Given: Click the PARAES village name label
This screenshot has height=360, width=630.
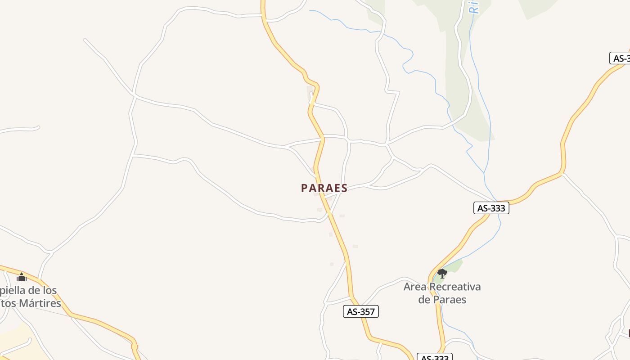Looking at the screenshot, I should (x=324, y=188).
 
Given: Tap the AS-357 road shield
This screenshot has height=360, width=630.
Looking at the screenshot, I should (x=360, y=311).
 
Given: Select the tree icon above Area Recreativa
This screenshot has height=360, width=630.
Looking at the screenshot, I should (x=442, y=273).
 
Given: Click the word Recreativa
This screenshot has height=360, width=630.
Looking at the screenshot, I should (x=455, y=287).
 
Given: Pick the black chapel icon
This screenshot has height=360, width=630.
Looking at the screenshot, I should (x=22, y=277).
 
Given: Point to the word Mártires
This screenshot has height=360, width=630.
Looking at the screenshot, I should (x=40, y=303).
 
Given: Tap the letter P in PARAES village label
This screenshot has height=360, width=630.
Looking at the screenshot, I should (x=305, y=188).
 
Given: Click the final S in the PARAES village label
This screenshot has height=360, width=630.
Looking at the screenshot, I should (x=344, y=188).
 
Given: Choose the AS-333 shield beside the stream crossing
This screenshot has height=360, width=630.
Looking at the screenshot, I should (x=491, y=208).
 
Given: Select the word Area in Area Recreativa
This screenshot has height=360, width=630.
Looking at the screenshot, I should (x=414, y=287).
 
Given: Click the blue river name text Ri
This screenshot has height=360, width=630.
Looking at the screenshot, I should (x=474, y=7).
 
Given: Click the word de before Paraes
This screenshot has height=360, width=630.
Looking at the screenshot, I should (x=424, y=299).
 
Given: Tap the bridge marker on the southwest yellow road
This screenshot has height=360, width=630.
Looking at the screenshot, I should (x=134, y=346).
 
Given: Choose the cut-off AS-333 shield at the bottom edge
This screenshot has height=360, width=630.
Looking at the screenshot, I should (x=434, y=357).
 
